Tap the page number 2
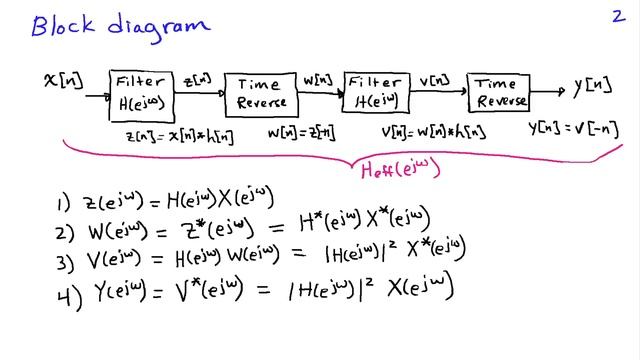click(x=617, y=16)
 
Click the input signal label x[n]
click(x=64, y=78)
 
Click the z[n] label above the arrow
click(x=198, y=78)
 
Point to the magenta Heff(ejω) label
click(x=400, y=169)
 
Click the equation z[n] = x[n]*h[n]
click(x=179, y=134)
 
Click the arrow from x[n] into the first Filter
click(x=96, y=96)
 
